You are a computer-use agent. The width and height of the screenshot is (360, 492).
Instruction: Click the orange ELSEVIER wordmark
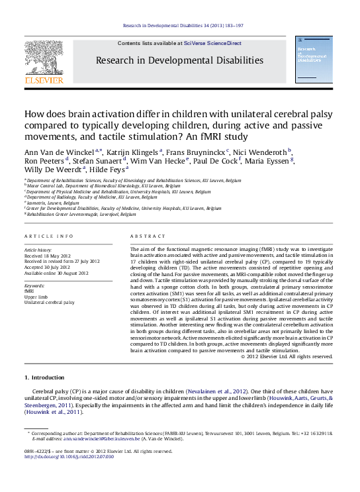point(44,80)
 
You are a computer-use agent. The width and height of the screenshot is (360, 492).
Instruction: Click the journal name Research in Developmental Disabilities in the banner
point(179,60)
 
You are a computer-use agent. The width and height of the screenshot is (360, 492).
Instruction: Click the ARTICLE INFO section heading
point(49,236)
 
